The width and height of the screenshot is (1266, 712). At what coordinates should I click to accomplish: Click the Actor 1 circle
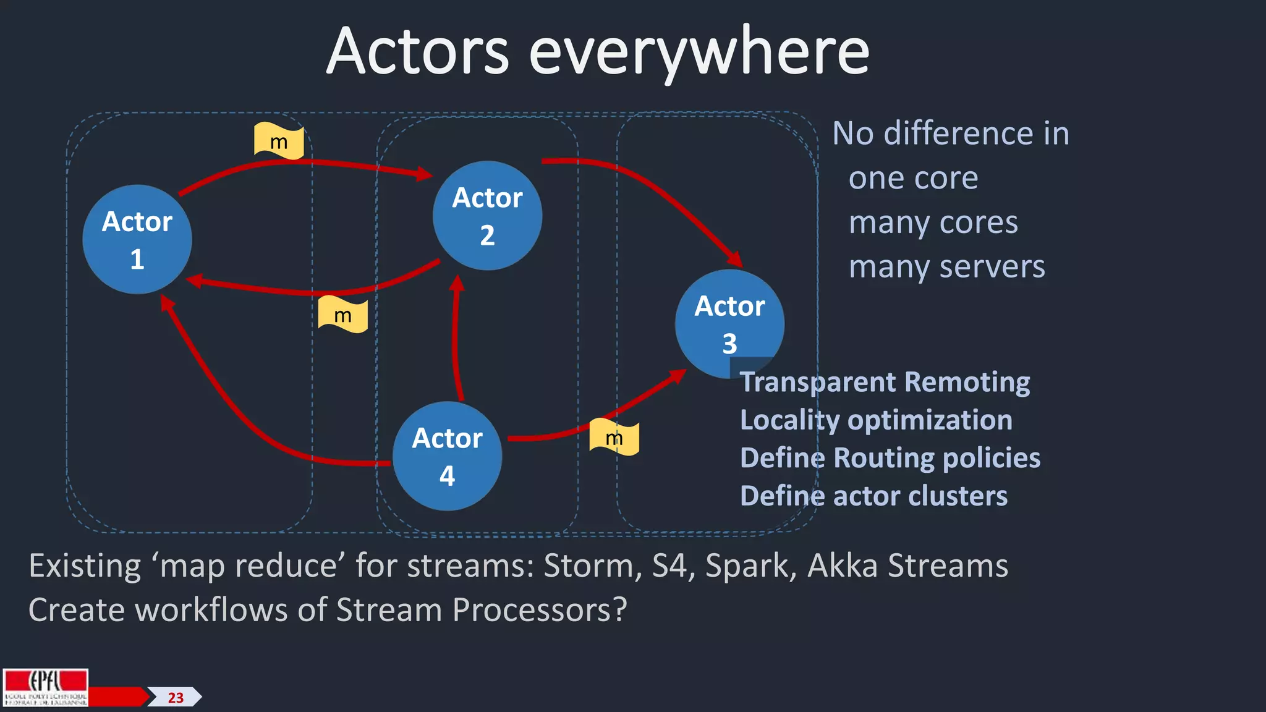pos(137,239)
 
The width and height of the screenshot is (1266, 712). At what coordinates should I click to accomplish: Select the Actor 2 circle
pos(487,216)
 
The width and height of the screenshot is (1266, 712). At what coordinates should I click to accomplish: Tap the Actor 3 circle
pos(729,323)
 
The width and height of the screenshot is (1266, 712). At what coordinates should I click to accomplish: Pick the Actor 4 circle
pos(447,456)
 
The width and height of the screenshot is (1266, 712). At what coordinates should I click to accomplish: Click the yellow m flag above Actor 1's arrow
pos(279,141)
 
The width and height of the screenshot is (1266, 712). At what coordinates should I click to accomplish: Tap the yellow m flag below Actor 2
pos(342,315)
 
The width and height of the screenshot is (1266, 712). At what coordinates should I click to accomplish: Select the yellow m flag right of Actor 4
pos(614,438)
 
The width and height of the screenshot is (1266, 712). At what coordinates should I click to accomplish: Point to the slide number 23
pos(176,698)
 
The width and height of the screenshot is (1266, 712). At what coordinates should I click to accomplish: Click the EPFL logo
pos(46,687)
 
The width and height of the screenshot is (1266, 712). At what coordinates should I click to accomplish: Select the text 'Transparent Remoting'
pos(885,382)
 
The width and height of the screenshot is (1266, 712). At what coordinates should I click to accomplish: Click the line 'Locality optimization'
pos(876,420)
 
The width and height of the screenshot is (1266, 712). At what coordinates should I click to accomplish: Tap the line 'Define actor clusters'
pos(873,496)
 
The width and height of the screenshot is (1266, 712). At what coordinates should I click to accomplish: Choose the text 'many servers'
pos(946,268)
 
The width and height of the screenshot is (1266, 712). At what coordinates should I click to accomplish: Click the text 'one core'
pos(913,179)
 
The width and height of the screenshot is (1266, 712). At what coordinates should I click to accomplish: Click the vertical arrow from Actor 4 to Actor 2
pos(456,340)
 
